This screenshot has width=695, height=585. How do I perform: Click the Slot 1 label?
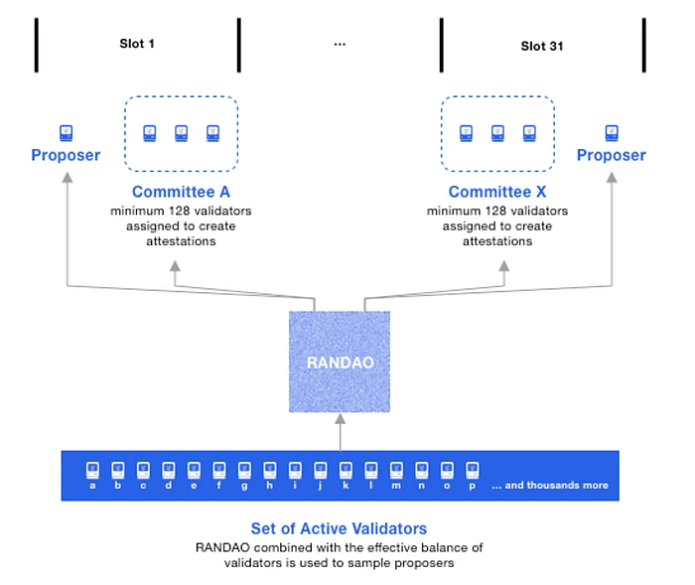pyautogui.click(x=137, y=44)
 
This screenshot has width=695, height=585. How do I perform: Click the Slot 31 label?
pyautogui.click(x=541, y=46)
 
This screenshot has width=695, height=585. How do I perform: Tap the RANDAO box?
pyautogui.click(x=340, y=363)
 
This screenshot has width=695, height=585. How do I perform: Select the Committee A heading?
pyautogui.click(x=181, y=192)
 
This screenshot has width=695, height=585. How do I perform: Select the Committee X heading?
pyautogui.click(x=497, y=192)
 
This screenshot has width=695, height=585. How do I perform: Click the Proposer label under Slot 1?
pyautogui.click(x=66, y=155)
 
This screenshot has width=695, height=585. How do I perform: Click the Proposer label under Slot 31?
pyautogui.click(x=612, y=155)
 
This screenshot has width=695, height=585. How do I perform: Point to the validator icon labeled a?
pyautogui.click(x=92, y=467)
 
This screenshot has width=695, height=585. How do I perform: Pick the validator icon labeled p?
pyautogui.click(x=473, y=467)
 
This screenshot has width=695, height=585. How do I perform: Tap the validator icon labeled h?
pyautogui.click(x=270, y=467)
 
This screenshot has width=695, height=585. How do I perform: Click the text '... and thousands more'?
pyautogui.click(x=549, y=486)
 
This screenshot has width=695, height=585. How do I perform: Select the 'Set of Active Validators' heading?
pyautogui.click(x=340, y=528)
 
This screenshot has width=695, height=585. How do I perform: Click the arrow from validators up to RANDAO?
pyautogui.click(x=340, y=433)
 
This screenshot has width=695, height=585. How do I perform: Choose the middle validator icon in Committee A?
pyautogui.click(x=181, y=132)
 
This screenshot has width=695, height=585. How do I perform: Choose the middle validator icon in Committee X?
pyautogui.click(x=497, y=132)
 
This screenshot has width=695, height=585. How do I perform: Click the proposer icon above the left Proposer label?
pyautogui.click(x=66, y=131)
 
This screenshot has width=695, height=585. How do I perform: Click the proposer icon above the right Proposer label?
pyautogui.click(x=612, y=131)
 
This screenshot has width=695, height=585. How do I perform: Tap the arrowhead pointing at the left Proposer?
pyautogui.click(x=67, y=177)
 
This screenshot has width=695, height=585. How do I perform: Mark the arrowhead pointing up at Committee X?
pyautogui.click(x=504, y=266)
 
